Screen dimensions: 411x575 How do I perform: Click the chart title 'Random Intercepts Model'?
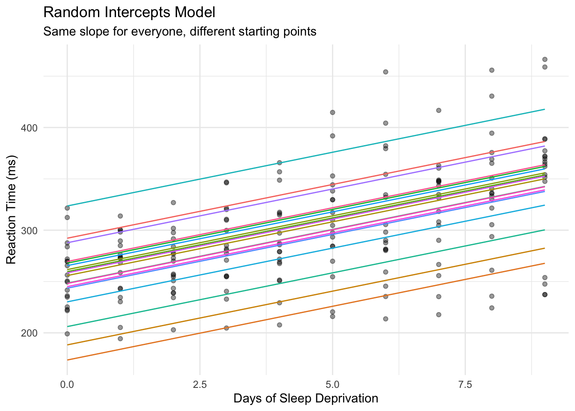tap(129, 12)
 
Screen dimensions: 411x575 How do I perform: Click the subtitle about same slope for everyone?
tap(180, 32)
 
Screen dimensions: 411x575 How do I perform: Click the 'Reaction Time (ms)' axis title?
tap(12, 211)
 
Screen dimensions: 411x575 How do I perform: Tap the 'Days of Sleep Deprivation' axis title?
tap(305, 399)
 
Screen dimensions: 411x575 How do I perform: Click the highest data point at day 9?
tap(545, 60)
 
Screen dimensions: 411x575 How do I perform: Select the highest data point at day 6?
tap(385, 72)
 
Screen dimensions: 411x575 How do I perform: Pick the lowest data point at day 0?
tap(67, 334)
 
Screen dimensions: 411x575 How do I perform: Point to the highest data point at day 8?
tap(492, 70)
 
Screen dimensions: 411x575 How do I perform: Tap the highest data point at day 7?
tap(439, 110)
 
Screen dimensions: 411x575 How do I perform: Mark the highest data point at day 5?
tap(332, 113)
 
